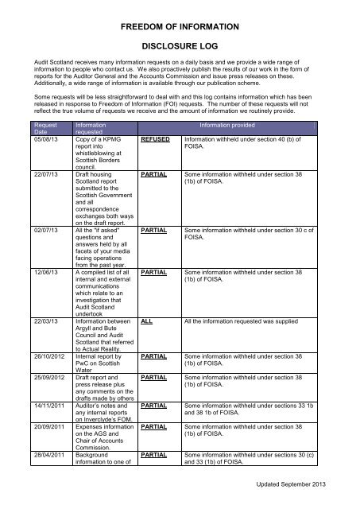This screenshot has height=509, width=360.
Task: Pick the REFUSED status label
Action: [156, 139]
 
